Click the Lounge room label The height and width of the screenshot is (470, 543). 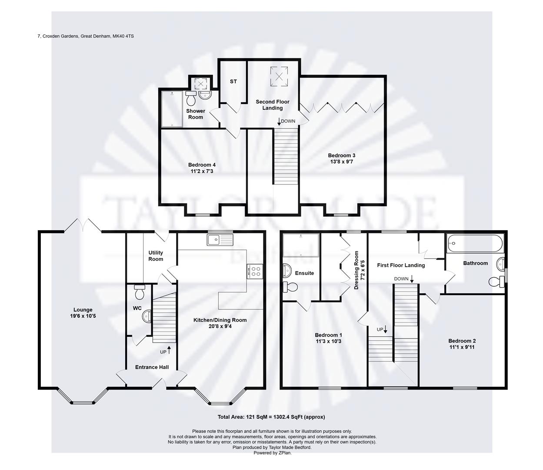click(x=83, y=310)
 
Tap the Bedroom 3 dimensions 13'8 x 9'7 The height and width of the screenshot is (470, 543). click(x=342, y=162)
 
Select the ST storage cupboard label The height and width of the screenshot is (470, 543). click(x=233, y=81)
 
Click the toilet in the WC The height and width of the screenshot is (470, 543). click(x=140, y=292)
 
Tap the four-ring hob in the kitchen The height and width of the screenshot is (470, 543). click(x=255, y=271)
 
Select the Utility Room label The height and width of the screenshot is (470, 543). click(x=156, y=256)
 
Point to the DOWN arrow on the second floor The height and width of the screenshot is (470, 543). click(x=279, y=121)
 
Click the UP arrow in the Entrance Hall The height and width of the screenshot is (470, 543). click(x=169, y=349)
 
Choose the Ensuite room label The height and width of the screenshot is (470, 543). click(x=304, y=273)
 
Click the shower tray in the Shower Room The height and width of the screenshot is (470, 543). click(x=173, y=108)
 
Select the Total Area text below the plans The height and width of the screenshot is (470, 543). click(x=271, y=417)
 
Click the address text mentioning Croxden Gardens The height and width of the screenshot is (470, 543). click(x=86, y=36)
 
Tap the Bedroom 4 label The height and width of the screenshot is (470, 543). click(x=202, y=165)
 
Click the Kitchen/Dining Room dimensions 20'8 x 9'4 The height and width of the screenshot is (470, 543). click(x=220, y=326)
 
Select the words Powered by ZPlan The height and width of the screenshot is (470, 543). click(x=272, y=453)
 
